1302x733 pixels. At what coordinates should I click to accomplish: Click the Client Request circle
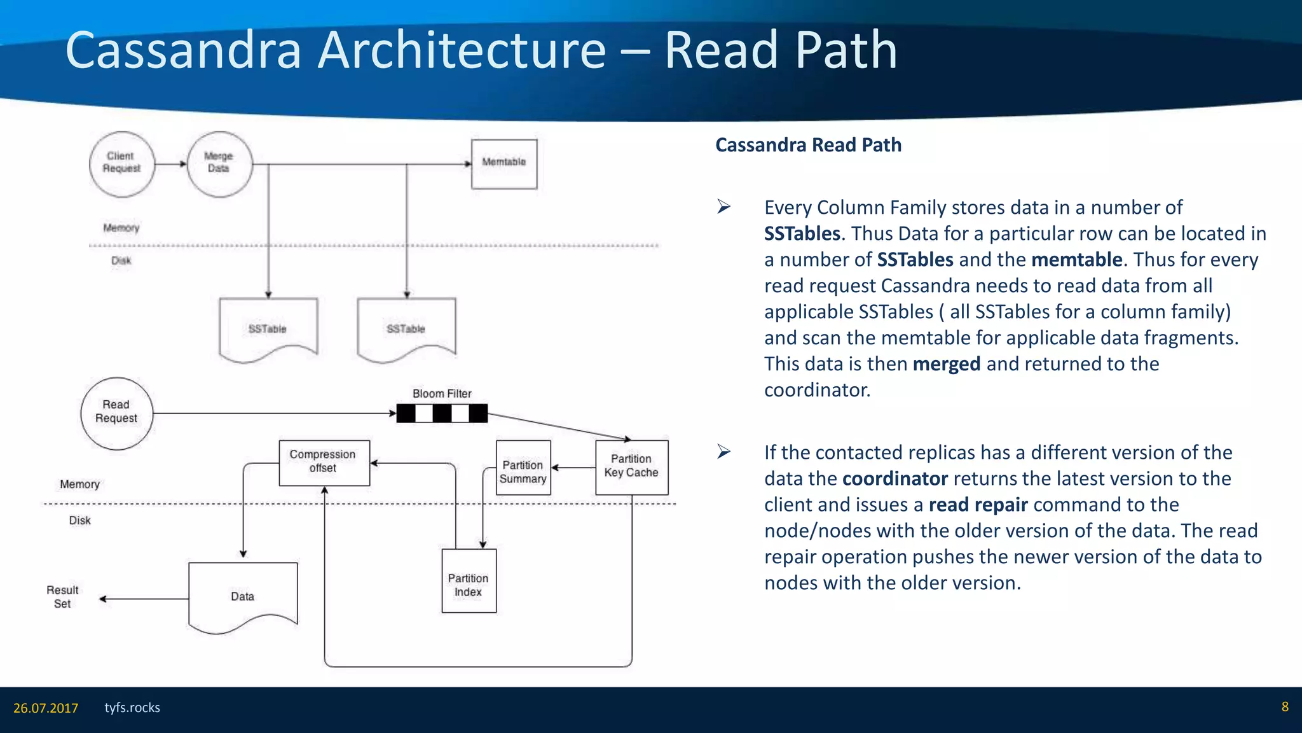[x=121, y=164]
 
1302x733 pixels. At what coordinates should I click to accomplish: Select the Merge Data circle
[x=219, y=164]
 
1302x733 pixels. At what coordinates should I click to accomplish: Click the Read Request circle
[x=116, y=413]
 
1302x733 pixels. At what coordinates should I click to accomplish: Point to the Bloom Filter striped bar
[x=442, y=414]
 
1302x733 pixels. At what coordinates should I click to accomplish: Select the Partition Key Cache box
[x=631, y=467]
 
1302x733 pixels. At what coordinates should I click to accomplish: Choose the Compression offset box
[x=324, y=463]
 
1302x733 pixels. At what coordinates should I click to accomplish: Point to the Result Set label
[x=62, y=597]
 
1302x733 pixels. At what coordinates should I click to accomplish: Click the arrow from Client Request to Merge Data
[x=170, y=164]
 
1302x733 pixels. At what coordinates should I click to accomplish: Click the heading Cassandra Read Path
[x=808, y=145]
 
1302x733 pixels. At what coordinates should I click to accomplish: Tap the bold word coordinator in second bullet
[x=894, y=478]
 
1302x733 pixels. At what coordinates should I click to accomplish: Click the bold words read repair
[x=978, y=505]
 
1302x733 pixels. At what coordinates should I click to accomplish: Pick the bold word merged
[x=946, y=364]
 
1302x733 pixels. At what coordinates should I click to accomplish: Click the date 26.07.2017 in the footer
[x=46, y=708]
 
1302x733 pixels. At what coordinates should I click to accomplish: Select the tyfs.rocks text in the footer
[x=132, y=708]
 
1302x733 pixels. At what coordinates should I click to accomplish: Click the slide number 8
[x=1285, y=707]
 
